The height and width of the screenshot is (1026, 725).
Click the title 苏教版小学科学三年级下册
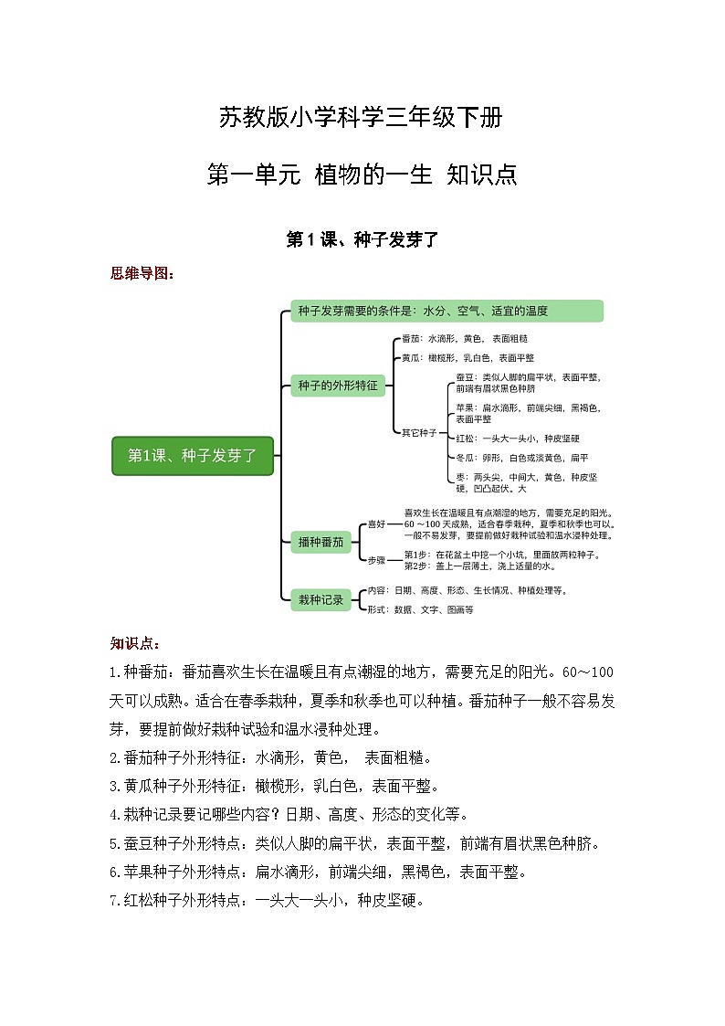[361, 118]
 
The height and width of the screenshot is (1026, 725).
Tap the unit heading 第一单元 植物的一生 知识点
[362, 174]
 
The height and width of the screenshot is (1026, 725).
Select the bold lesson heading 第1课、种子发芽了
[362, 240]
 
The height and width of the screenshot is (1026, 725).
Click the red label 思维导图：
[141, 273]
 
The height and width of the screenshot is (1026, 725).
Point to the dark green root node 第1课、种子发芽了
[193, 456]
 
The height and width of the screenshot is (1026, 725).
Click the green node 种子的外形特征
[337, 386]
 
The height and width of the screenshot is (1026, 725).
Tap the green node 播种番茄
[320, 542]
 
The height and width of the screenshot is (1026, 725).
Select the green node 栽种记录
[320, 599]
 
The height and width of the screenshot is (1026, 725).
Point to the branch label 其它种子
[419, 432]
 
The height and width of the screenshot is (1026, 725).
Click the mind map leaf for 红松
[517, 439]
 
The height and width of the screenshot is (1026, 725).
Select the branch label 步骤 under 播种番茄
[376, 560]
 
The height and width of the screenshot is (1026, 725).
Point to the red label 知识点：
[134, 644]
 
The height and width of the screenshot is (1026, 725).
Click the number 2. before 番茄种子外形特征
[114, 757]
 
